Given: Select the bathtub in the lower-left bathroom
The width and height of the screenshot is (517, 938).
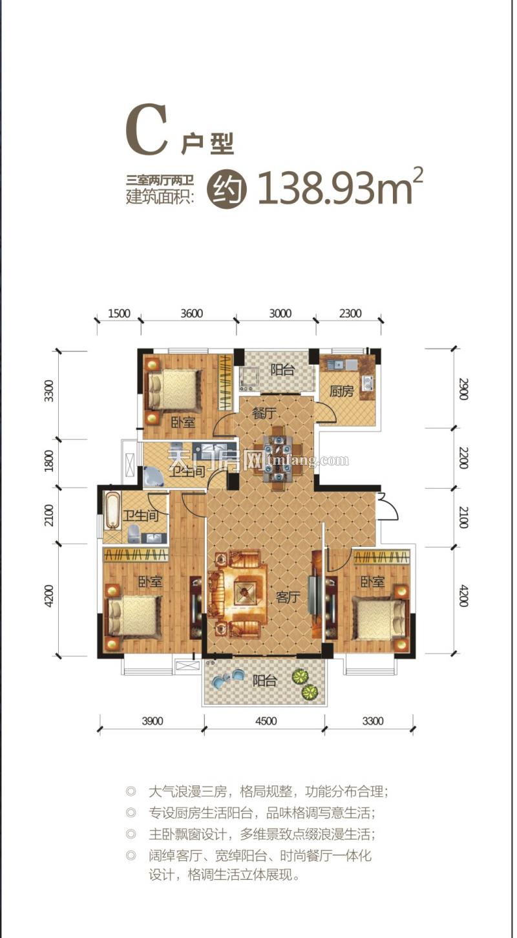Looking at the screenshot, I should click(112, 509).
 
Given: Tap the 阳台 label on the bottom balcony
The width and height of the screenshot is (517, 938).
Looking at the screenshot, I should click(264, 681).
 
